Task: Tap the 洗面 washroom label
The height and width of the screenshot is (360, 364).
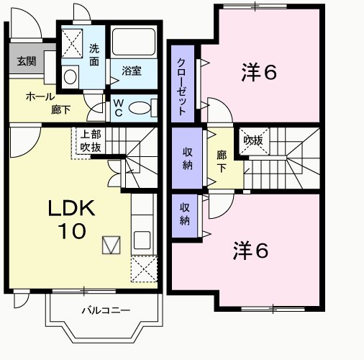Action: tap(94, 55)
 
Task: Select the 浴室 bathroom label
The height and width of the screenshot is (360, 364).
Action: tap(131, 71)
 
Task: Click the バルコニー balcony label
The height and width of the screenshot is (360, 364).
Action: tap(105, 311)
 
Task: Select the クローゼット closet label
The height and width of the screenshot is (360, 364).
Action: tap(183, 86)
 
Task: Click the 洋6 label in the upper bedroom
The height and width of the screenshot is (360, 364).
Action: tap(259, 72)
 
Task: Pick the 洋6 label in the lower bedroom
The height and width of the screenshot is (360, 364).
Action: tap(250, 251)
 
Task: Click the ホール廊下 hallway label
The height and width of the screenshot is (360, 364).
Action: tap(45, 104)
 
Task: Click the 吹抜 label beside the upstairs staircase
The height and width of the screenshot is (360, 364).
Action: tap(252, 140)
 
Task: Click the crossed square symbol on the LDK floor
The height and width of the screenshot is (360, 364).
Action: tap(110, 246)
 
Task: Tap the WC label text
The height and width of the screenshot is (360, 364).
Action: tap(118, 108)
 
